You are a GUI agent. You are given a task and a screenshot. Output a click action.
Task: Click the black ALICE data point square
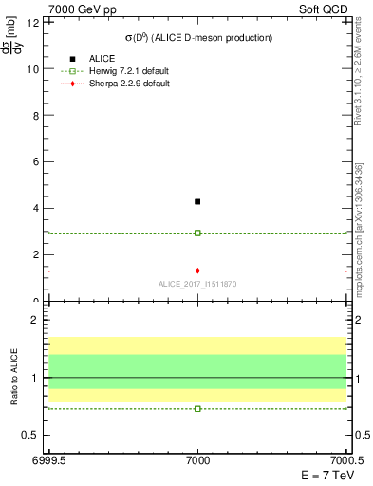coord(197,201)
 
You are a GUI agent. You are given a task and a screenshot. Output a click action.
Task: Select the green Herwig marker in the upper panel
coord(197,233)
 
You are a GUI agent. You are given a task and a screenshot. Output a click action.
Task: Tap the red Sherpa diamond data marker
coord(197,271)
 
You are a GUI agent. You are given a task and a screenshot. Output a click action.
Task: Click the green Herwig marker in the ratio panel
coord(197,408)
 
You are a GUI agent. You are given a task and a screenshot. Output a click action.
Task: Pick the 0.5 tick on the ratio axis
coord(30,435)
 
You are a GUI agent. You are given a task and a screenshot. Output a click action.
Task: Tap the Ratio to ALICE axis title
coord(13,379)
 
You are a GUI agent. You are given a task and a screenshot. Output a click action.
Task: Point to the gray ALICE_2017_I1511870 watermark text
coord(197,284)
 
